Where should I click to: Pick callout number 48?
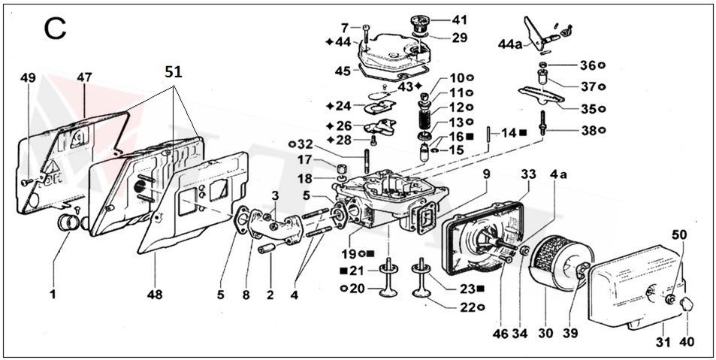tap(156, 295)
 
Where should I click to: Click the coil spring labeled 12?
tap(427, 118)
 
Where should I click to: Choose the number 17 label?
tap(305, 159)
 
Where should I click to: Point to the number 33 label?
tap(528, 174)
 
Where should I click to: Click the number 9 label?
tap(486, 174)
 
